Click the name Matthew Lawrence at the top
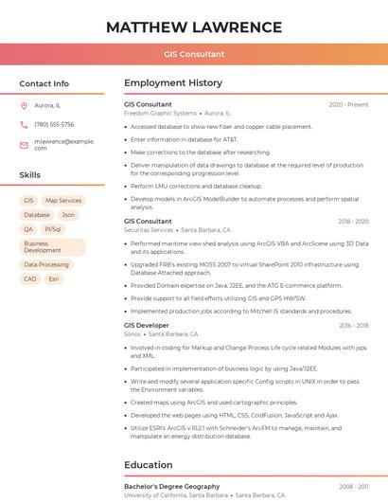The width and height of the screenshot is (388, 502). (x=194, y=27)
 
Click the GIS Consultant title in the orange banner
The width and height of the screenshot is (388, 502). (x=194, y=54)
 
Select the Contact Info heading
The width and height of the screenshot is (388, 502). (x=44, y=83)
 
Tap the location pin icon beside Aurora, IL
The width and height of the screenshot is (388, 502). (x=24, y=106)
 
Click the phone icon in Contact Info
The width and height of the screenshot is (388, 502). (x=24, y=124)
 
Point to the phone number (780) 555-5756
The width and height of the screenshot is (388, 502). (x=54, y=124)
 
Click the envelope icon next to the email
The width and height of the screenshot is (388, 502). (x=24, y=145)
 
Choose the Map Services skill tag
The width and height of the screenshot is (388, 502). (x=63, y=201)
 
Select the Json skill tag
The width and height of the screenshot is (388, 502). (x=68, y=215)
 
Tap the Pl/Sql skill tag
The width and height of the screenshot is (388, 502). (x=53, y=229)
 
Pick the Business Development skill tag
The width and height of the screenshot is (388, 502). (x=43, y=247)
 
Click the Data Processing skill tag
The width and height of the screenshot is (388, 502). (x=46, y=265)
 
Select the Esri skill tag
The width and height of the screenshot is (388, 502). (x=54, y=279)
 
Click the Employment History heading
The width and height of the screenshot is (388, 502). (x=173, y=83)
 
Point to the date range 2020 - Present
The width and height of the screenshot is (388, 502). (x=348, y=105)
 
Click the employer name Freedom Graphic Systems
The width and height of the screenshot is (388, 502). (x=160, y=113)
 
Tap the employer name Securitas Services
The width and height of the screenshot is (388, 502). (x=149, y=230)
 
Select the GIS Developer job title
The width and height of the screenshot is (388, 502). (x=147, y=326)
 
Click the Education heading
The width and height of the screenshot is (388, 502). (x=149, y=465)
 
